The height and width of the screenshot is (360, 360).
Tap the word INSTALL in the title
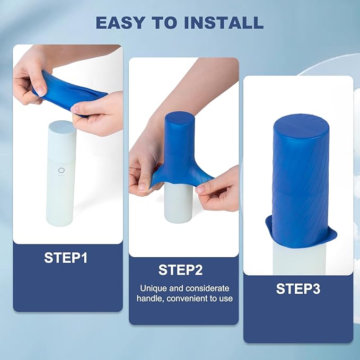pos(224,22)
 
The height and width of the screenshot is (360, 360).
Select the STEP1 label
pos(66,258)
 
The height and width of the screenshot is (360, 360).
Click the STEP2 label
pos(180,270)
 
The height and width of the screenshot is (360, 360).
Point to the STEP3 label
pos(298,288)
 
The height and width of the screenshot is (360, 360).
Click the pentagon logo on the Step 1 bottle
pos(62,171)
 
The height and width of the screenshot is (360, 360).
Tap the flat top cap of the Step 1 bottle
pos(62,126)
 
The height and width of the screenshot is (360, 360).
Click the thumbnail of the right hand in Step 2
pos(200,189)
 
